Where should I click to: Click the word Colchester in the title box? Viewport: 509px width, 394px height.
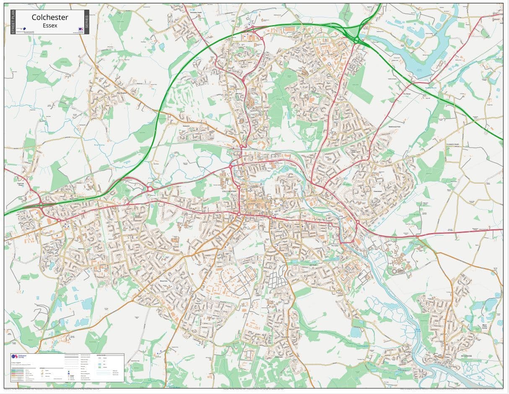point(50,18)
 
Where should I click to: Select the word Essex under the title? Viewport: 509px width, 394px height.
point(50,26)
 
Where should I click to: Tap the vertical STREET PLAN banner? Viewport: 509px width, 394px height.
point(13,22)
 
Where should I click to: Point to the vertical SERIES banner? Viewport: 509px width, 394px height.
point(87,22)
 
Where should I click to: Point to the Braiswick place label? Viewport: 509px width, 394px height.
point(187,125)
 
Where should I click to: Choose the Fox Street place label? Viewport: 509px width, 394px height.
point(406,94)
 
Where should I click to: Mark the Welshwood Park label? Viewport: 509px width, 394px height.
point(395,126)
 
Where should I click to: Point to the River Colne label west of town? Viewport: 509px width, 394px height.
point(99,145)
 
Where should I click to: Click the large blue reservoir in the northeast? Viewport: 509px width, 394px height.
point(423,50)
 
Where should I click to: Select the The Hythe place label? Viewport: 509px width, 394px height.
point(334,246)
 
